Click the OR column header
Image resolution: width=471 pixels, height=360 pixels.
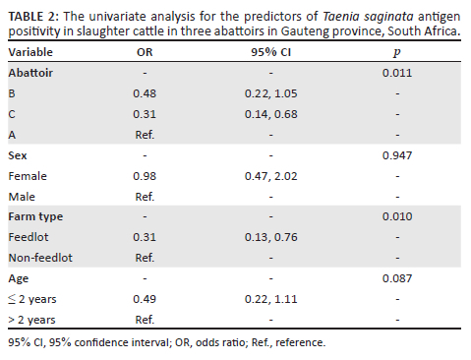click(145, 52)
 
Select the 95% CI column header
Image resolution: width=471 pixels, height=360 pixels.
click(270, 52)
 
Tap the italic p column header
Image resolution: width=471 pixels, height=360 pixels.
click(397, 53)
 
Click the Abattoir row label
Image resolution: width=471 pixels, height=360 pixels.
click(30, 73)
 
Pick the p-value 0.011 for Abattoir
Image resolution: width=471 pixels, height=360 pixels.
click(397, 73)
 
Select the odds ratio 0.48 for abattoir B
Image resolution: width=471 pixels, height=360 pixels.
click(145, 93)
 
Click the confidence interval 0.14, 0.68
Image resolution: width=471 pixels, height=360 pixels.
click(271, 114)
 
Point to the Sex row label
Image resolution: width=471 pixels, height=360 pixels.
click(18, 155)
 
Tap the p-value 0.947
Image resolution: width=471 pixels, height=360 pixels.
click(397, 155)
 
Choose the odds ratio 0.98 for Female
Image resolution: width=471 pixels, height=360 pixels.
click(145, 176)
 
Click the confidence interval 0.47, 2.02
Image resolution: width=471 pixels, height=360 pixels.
click(271, 176)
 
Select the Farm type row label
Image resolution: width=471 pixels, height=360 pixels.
click(35, 217)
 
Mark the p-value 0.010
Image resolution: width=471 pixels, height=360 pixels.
click(397, 216)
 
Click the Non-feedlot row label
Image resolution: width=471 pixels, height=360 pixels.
click(40, 258)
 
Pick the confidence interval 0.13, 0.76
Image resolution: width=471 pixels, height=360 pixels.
click(271, 237)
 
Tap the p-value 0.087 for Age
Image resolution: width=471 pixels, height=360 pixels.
click(397, 278)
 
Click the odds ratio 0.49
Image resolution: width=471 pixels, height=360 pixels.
click(145, 299)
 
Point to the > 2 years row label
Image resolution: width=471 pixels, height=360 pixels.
click(31, 320)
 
